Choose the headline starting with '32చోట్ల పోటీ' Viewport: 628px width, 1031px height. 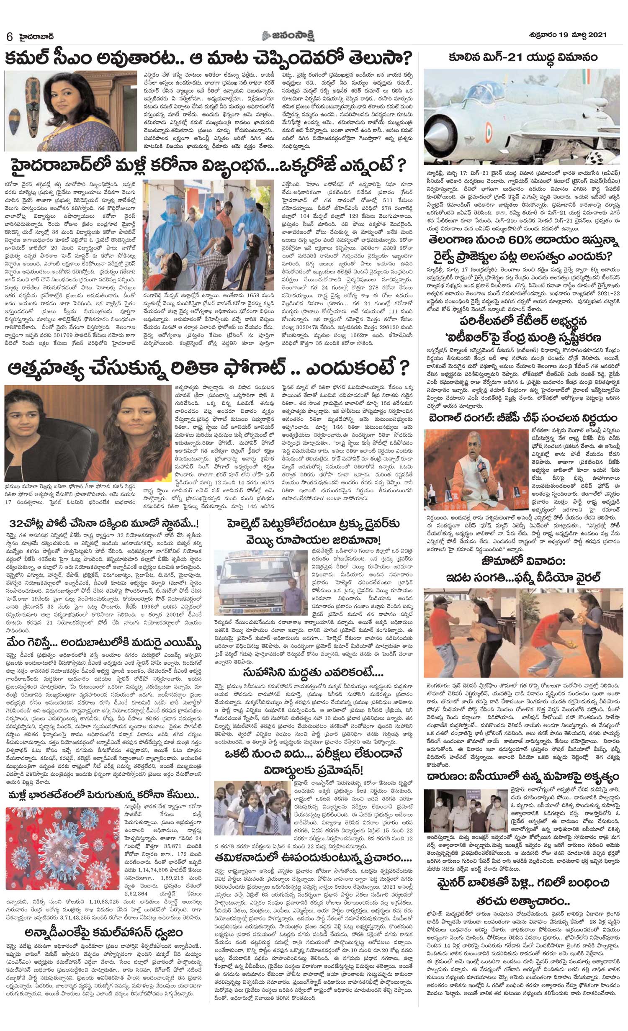[x=105, y=524]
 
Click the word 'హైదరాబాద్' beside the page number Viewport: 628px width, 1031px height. [x=38, y=36]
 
